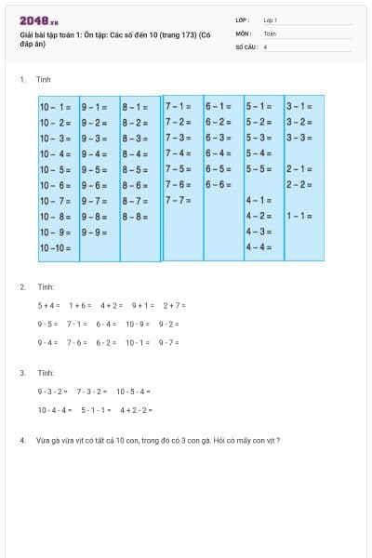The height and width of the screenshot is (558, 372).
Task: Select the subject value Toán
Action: pos(270,33)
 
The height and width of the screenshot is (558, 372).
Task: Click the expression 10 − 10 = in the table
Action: pos(56,248)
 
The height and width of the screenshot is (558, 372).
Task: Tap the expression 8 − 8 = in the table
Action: pos(135,217)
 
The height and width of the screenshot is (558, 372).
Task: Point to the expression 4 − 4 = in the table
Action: pos(259,247)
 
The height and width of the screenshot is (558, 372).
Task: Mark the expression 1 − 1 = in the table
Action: pos(299,216)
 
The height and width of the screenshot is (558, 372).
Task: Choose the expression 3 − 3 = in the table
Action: pos(299,138)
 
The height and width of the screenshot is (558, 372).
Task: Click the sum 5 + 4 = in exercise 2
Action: pos(48,305)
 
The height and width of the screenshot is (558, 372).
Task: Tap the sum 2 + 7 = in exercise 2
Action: pos(175,305)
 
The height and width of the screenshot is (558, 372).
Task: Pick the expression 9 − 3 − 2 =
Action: pos(53,392)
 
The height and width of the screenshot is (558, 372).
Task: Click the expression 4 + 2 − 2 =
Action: pos(137,410)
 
